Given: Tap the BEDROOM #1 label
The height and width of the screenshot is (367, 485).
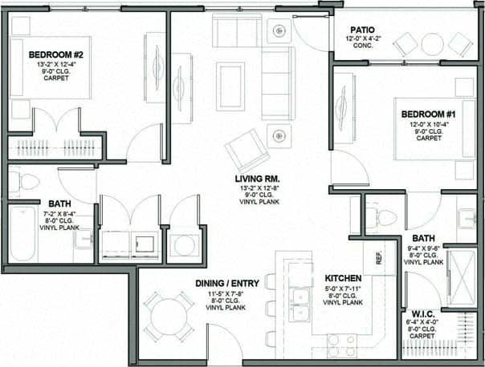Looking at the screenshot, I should click(x=429, y=115).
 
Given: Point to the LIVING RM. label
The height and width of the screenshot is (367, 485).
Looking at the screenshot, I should click(x=257, y=178).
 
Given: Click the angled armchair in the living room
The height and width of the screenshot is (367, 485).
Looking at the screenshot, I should click(x=243, y=149).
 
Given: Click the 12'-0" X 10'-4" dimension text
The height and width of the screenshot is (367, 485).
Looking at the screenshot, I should click(x=429, y=125).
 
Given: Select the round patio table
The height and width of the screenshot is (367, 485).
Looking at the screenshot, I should click(x=430, y=43).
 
